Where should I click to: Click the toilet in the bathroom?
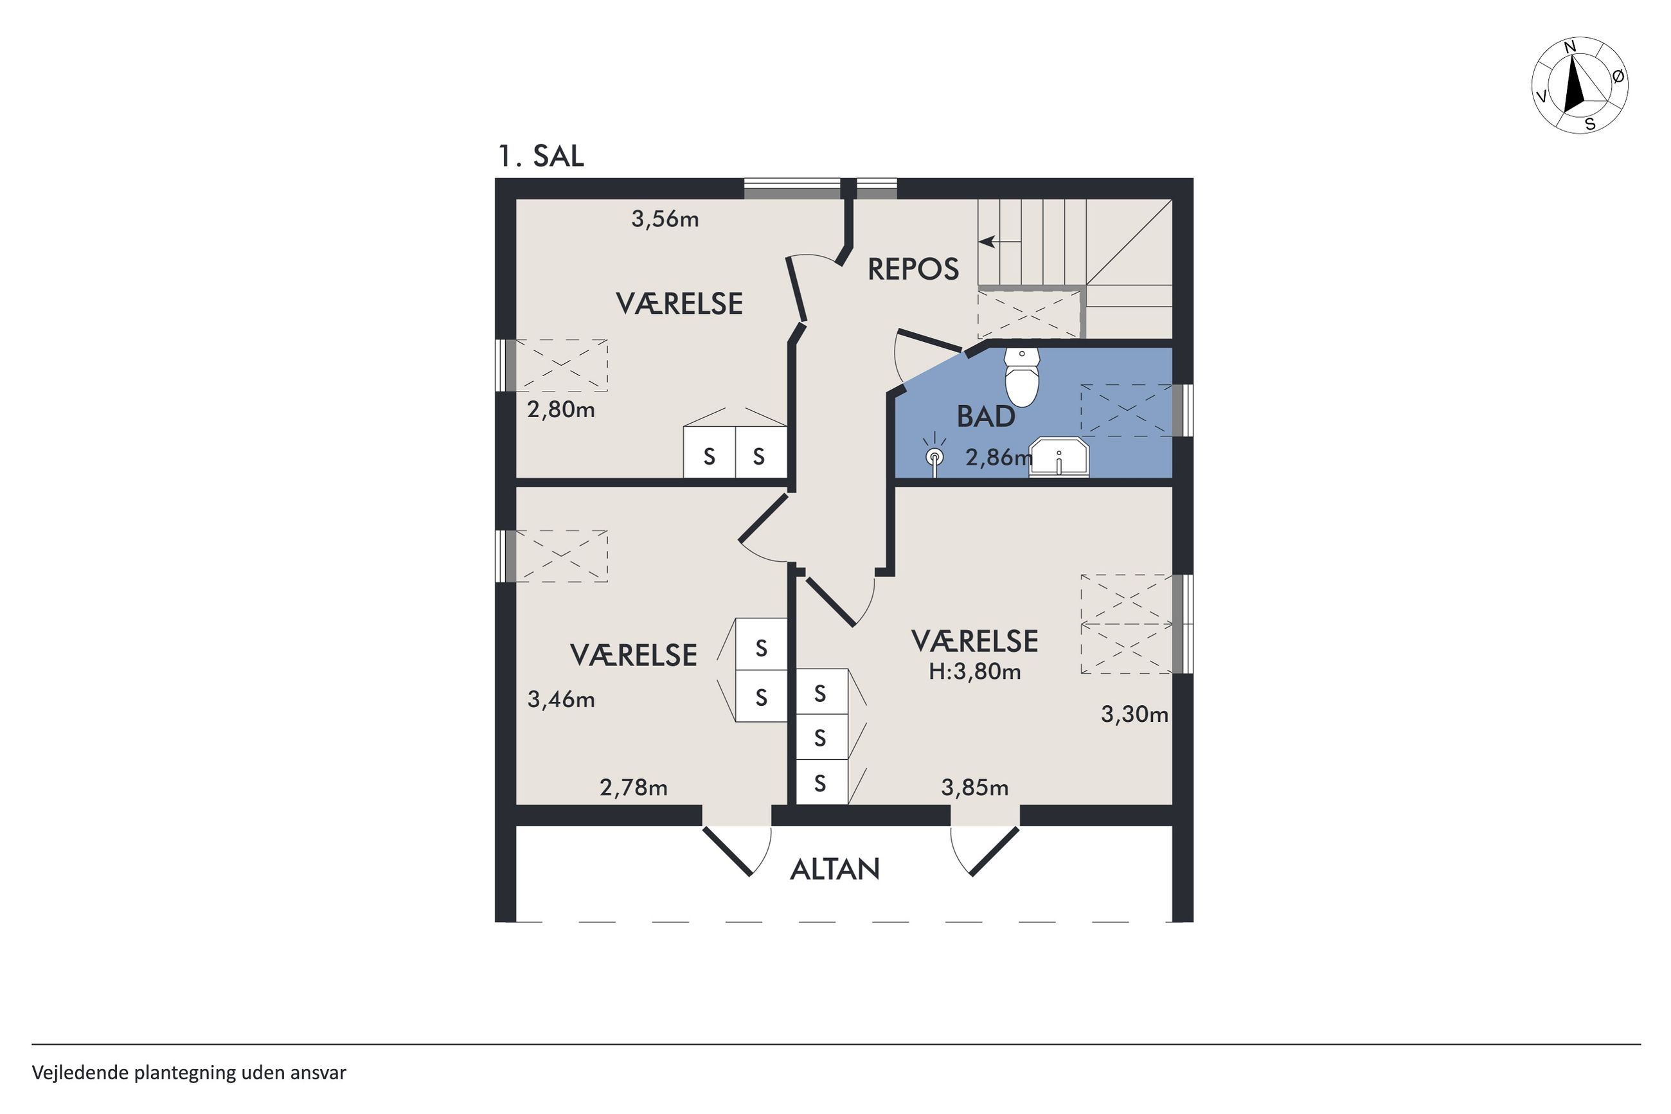[x=1021, y=377]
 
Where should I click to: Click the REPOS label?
[x=913, y=269]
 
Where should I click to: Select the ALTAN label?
[x=834, y=869]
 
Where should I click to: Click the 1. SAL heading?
[x=541, y=156]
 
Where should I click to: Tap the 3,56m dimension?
[x=665, y=219]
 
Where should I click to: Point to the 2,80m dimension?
[x=561, y=410]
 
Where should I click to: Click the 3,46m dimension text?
[x=561, y=700]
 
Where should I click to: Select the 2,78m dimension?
[x=634, y=787]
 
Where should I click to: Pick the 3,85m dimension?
[x=974, y=787]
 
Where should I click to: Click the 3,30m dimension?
[x=1134, y=714]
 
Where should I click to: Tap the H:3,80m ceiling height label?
[x=974, y=671]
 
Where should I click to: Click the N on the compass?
[x=1570, y=66]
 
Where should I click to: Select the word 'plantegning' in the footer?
[x=184, y=1073]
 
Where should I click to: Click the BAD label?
[x=986, y=417]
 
